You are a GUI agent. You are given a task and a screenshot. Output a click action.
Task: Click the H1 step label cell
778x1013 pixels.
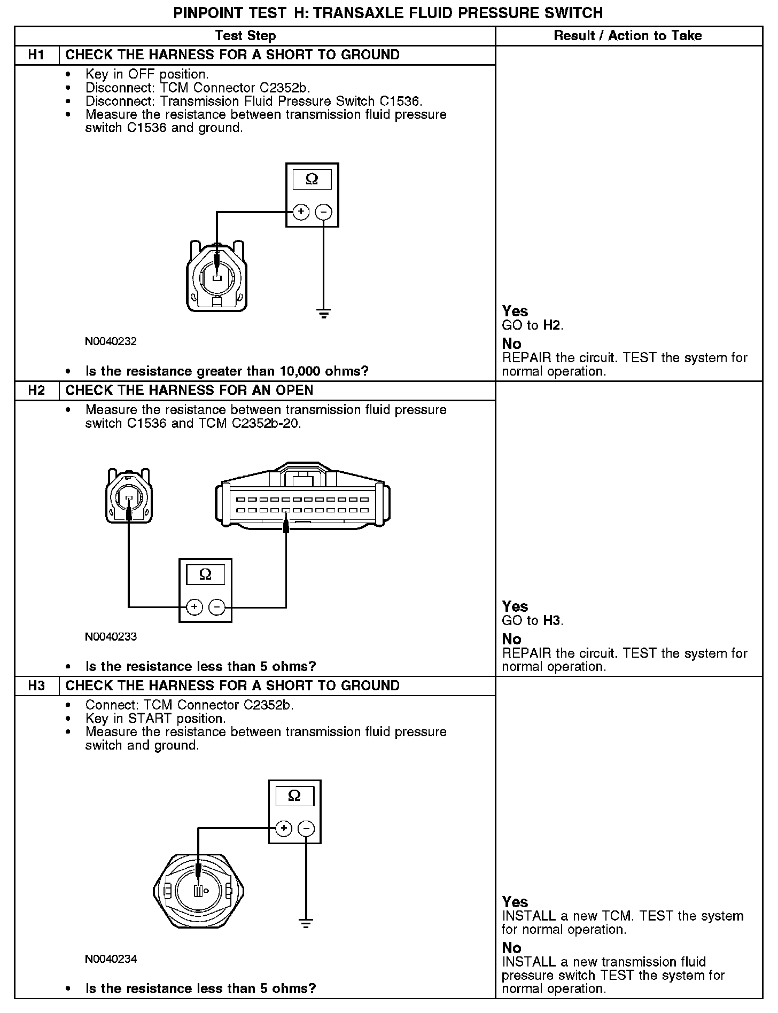pyautogui.click(x=36, y=55)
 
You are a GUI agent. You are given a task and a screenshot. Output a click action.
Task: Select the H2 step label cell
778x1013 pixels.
pyautogui.click(x=36, y=391)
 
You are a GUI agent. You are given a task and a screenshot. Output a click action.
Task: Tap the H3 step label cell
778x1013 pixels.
pyautogui.click(x=36, y=686)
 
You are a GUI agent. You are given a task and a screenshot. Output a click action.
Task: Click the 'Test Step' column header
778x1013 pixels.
pyautogui.click(x=245, y=36)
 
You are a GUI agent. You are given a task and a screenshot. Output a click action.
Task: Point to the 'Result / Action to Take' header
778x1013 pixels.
pyautogui.click(x=628, y=36)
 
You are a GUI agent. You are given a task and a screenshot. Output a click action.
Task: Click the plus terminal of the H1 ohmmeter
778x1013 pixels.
pyautogui.click(x=301, y=212)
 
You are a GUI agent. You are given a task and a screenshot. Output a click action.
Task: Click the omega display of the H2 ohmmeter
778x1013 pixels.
pyautogui.click(x=205, y=575)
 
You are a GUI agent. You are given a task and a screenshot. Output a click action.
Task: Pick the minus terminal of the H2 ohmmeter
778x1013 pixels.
pyautogui.click(x=217, y=607)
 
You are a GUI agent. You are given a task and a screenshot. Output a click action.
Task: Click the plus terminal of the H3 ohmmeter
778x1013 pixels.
pyautogui.click(x=284, y=828)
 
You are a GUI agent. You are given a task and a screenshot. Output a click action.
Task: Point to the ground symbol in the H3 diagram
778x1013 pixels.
pyautogui.click(x=306, y=923)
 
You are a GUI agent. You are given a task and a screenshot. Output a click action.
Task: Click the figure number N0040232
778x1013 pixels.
pyautogui.click(x=111, y=341)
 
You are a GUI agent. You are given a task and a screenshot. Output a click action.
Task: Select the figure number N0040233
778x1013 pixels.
pyautogui.click(x=111, y=637)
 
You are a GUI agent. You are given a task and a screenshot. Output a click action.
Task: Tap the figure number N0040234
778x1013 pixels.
pyautogui.click(x=111, y=959)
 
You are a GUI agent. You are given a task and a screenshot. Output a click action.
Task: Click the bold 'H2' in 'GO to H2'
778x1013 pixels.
pyautogui.click(x=553, y=325)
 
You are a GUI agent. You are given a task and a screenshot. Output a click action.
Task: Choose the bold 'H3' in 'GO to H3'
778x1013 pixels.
pyautogui.click(x=553, y=621)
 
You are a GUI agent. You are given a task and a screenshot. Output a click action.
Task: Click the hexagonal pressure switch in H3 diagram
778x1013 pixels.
pyautogui.click(x=198, y=891)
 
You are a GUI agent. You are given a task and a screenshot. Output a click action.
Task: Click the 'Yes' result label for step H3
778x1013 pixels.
pyautogui.click(x=515, y=902)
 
